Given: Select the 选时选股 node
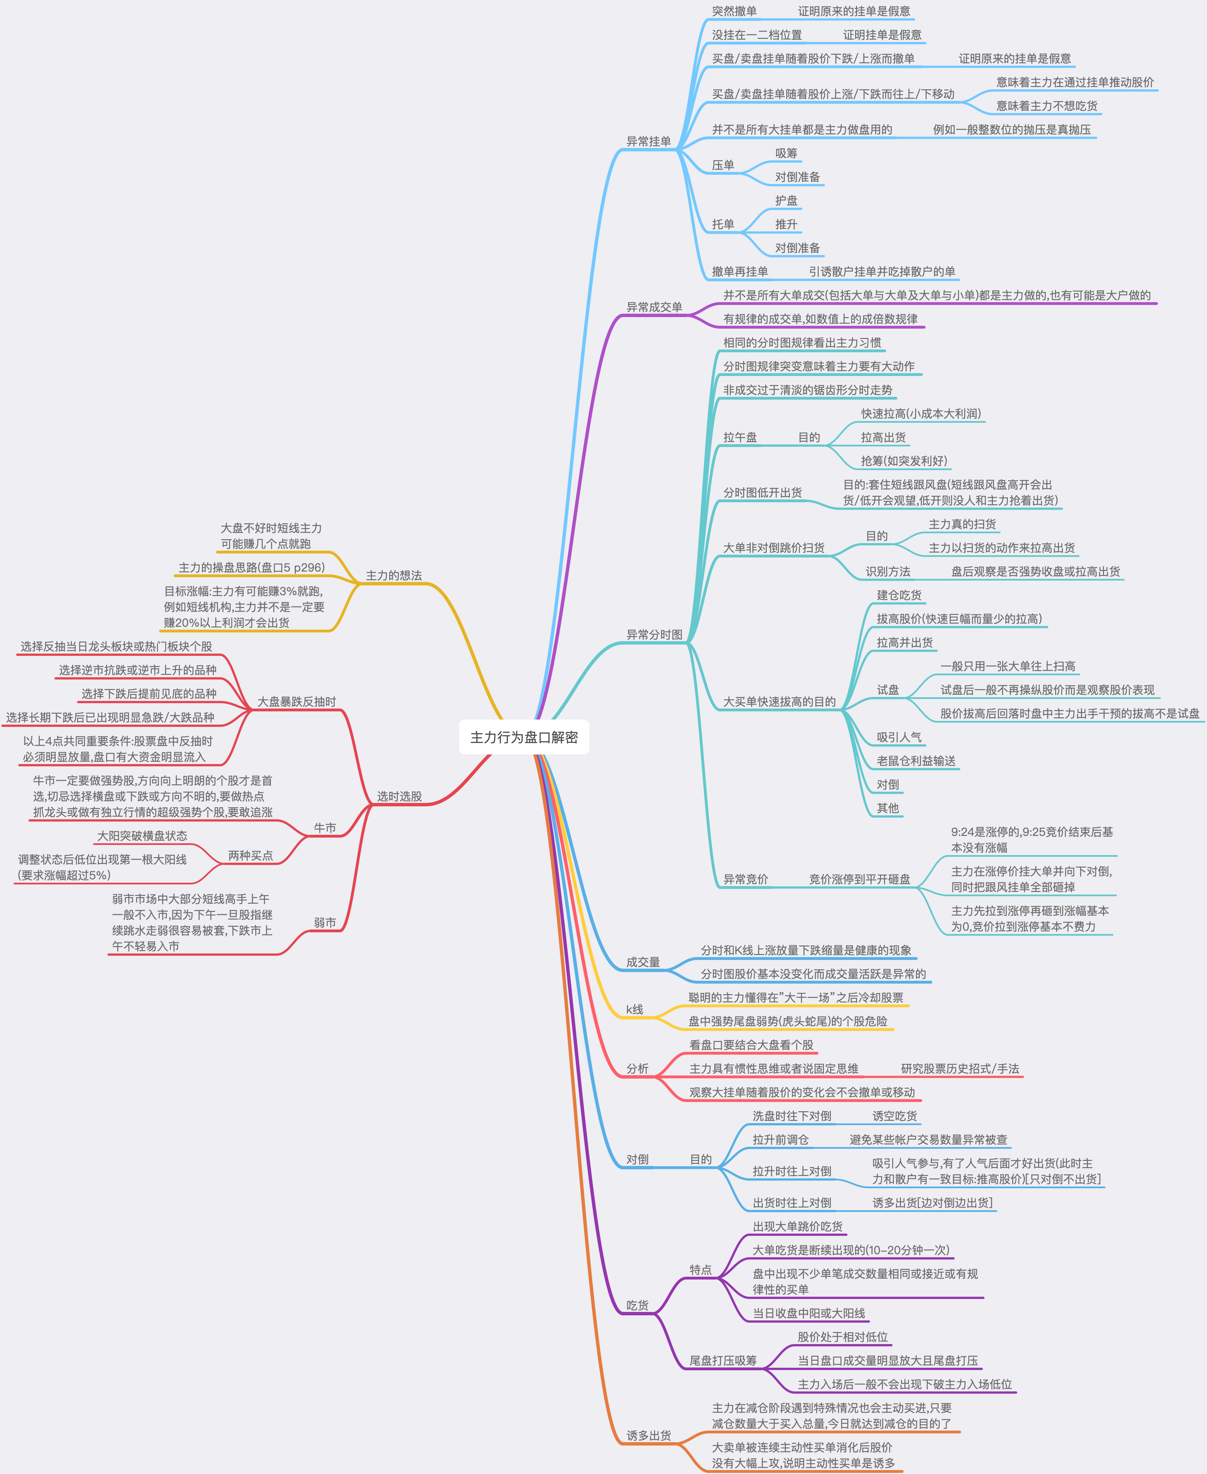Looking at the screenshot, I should click(x=399, y=796).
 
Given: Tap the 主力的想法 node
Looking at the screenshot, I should click(x=393, y=576).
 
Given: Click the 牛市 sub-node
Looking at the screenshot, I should click(x=325, y=828).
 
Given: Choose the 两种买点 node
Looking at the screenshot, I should click(x=250, y=855).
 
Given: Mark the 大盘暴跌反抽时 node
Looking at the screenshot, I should click(x=296, y=702).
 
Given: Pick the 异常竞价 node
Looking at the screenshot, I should click(x=745, y=879).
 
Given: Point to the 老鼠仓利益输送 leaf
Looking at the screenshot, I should click(x=916, y=761).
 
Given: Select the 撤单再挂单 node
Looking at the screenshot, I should click(x=740, y=271).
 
